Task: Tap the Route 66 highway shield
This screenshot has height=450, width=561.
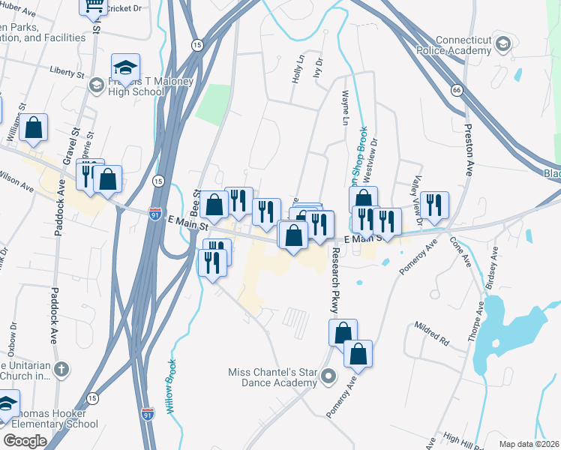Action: point(456,90)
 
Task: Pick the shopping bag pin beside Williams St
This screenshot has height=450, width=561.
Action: point(34,128)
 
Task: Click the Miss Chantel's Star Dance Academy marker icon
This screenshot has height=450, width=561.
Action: point(327,375)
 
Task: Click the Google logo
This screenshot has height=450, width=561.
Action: point(25,441)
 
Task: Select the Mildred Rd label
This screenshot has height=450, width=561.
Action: point(431,335)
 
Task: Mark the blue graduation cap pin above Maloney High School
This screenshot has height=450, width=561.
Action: point(125,67)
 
